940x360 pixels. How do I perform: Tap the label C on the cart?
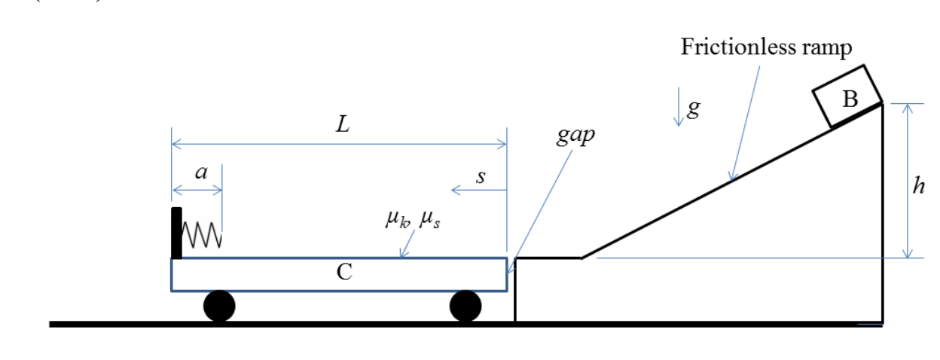(344, 273)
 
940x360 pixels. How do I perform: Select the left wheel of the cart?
(219, 306)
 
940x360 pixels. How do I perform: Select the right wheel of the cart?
(465, 306)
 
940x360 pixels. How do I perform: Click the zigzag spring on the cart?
(202, 234)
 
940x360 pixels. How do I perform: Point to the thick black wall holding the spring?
(176, 233)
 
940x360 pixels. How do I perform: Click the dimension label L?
(343, 125)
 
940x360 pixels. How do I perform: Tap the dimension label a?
(200, 172)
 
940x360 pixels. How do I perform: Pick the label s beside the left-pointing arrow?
(481, 178)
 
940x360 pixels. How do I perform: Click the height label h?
(917, 185)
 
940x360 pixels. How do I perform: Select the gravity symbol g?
(694, 108)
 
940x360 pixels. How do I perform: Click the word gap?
(575, 137)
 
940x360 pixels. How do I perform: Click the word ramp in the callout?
(826, 47)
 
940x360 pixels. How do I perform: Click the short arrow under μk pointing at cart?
(407, 244)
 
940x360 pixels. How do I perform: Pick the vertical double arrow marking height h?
(908, 181)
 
